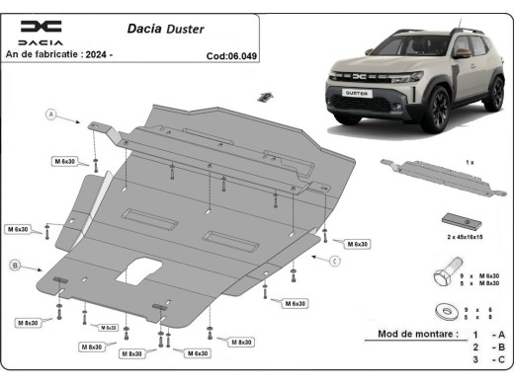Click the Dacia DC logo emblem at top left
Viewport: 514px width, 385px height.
pos(40,27)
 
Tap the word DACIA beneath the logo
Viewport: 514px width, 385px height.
pos(40,43)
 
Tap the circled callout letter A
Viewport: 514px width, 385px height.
pos(48,115)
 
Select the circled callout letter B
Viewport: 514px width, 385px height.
pos(15,265)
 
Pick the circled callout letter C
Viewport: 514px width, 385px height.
pos(335,261)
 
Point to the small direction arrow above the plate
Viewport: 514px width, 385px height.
pos(263,96)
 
